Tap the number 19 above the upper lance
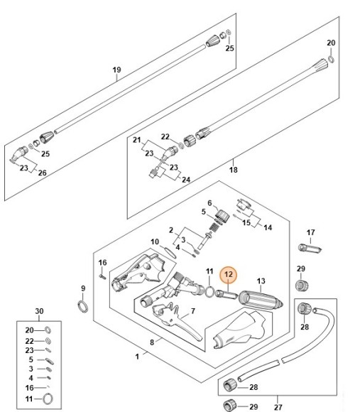117,70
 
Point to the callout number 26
43,173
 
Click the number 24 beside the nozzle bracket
187,180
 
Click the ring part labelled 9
82,306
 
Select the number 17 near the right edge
310,233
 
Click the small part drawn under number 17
310,249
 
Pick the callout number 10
154,242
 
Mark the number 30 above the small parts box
39,311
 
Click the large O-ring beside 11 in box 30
47,399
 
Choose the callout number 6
209,203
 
